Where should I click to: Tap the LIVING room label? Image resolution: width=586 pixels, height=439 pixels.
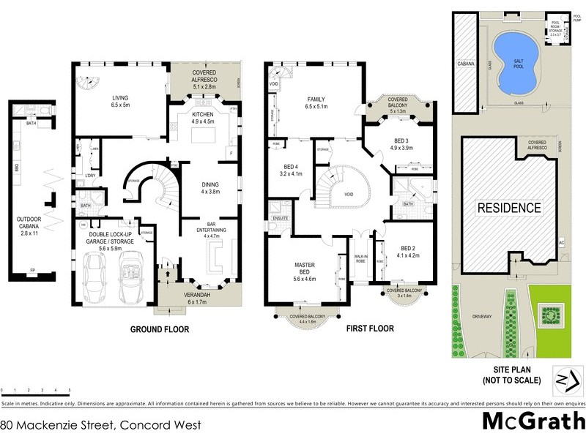[120, 98]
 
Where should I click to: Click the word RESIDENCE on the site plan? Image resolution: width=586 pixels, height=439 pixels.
[509, 208]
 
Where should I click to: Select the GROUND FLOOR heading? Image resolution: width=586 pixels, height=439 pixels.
[160, 330]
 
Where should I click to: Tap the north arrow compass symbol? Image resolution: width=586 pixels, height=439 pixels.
[559, 381]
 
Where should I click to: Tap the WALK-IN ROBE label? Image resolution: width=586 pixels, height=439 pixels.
[360, 258]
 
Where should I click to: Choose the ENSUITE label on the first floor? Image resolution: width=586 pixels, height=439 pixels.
[281, 218]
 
